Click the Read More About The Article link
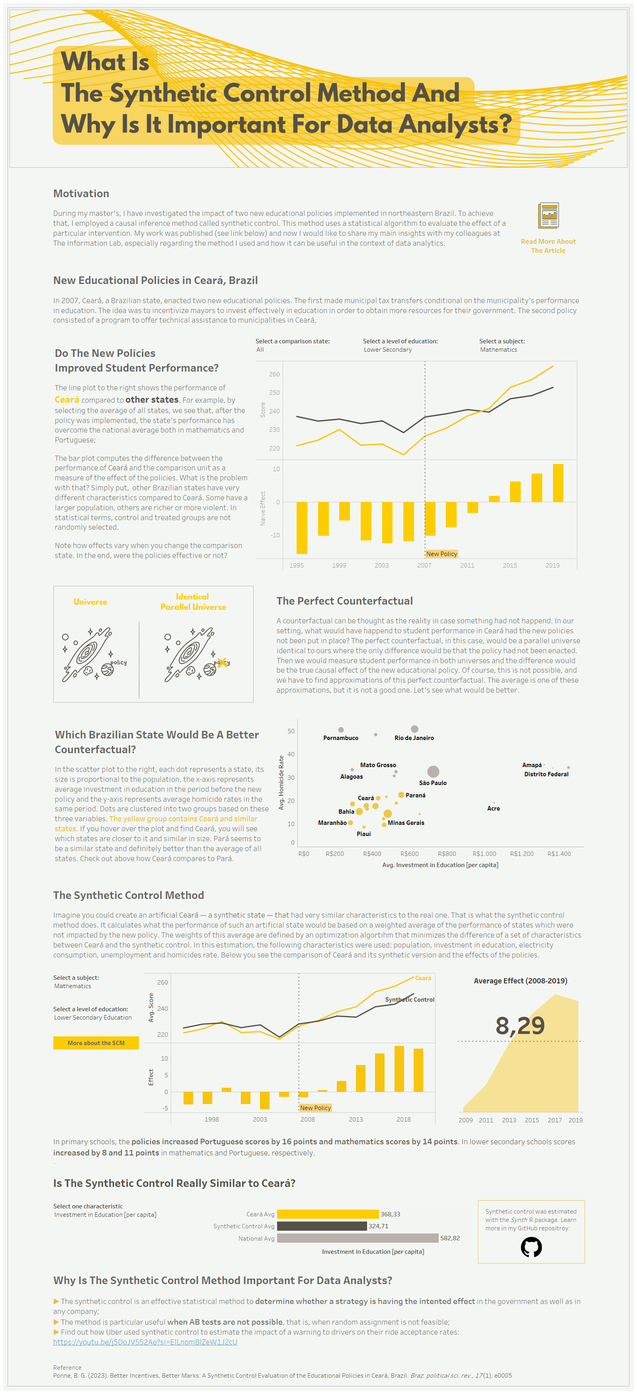[x=548, y=246]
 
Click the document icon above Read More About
[x=548, y=216]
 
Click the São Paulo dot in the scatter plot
[x=433, y=771]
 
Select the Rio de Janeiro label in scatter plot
[x=414, y=738]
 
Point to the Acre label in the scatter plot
[x=493, y=808]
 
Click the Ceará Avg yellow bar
[x=328, y=1214]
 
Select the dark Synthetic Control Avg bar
[x=322, y=1226]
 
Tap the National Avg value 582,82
[x=450, y=1237]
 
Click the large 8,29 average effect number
[x=520, y=1026]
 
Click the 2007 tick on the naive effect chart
[x=424, y=565]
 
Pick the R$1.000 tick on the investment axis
[x=484, y=854]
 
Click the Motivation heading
[x=81, y=193]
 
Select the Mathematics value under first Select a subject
[x=498, y=350]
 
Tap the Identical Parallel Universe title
[x=193, y=602]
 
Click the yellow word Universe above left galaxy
[x=90, y=602]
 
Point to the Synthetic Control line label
[x=409, y=1000]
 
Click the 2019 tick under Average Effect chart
[x=575, y=1120]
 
